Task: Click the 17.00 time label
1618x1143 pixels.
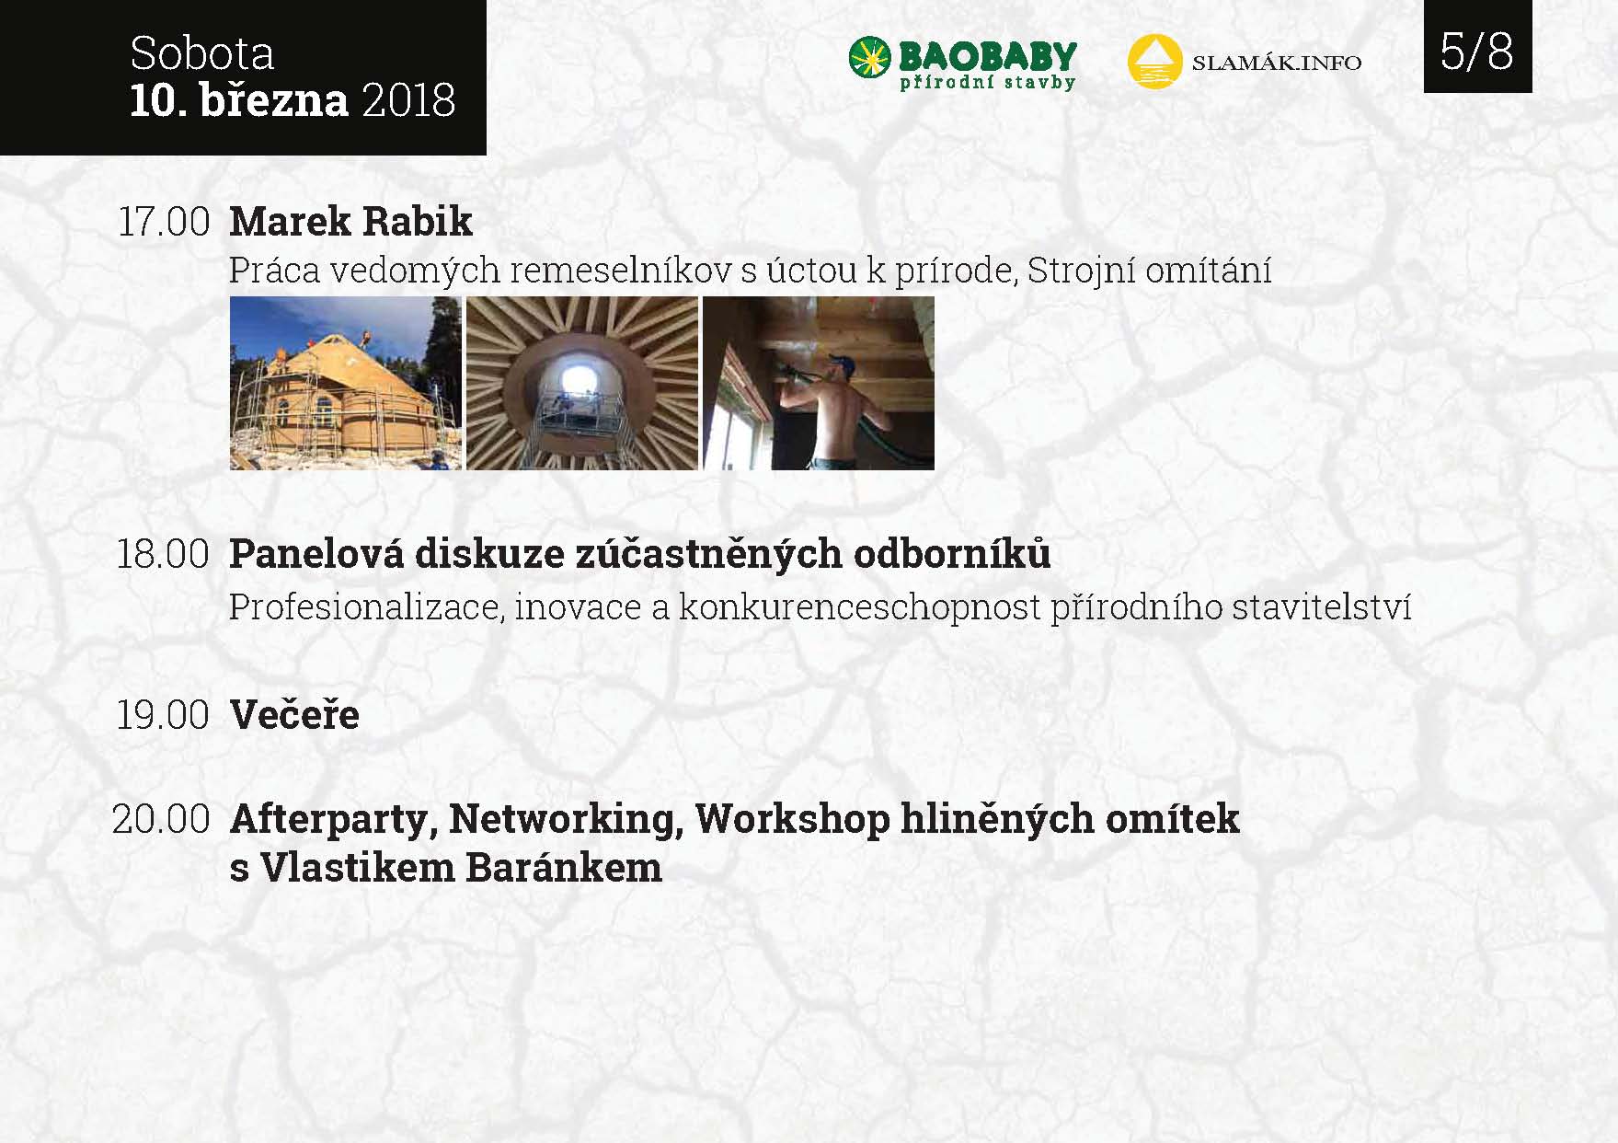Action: click(164, 222)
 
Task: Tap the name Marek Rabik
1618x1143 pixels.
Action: click(350, 221)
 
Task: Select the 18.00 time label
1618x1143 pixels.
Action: click(163, 554)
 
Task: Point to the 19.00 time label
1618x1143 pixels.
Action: click(163, 715)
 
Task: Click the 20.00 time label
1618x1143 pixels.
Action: click(162, 819)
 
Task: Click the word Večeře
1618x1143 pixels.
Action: click(294, 714)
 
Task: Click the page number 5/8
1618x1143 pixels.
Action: click(1476, 51)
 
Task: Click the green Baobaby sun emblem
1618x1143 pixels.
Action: click(869, 57)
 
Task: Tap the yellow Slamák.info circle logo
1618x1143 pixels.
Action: click(1154, 62)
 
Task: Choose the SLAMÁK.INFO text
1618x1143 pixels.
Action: click(1276, 63)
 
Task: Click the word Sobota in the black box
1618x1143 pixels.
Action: click(202, 53)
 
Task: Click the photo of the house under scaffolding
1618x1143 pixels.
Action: click(346, 383)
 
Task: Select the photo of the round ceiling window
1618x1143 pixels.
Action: click(582, 383)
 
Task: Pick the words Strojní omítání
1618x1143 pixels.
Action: click(1149, 271)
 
